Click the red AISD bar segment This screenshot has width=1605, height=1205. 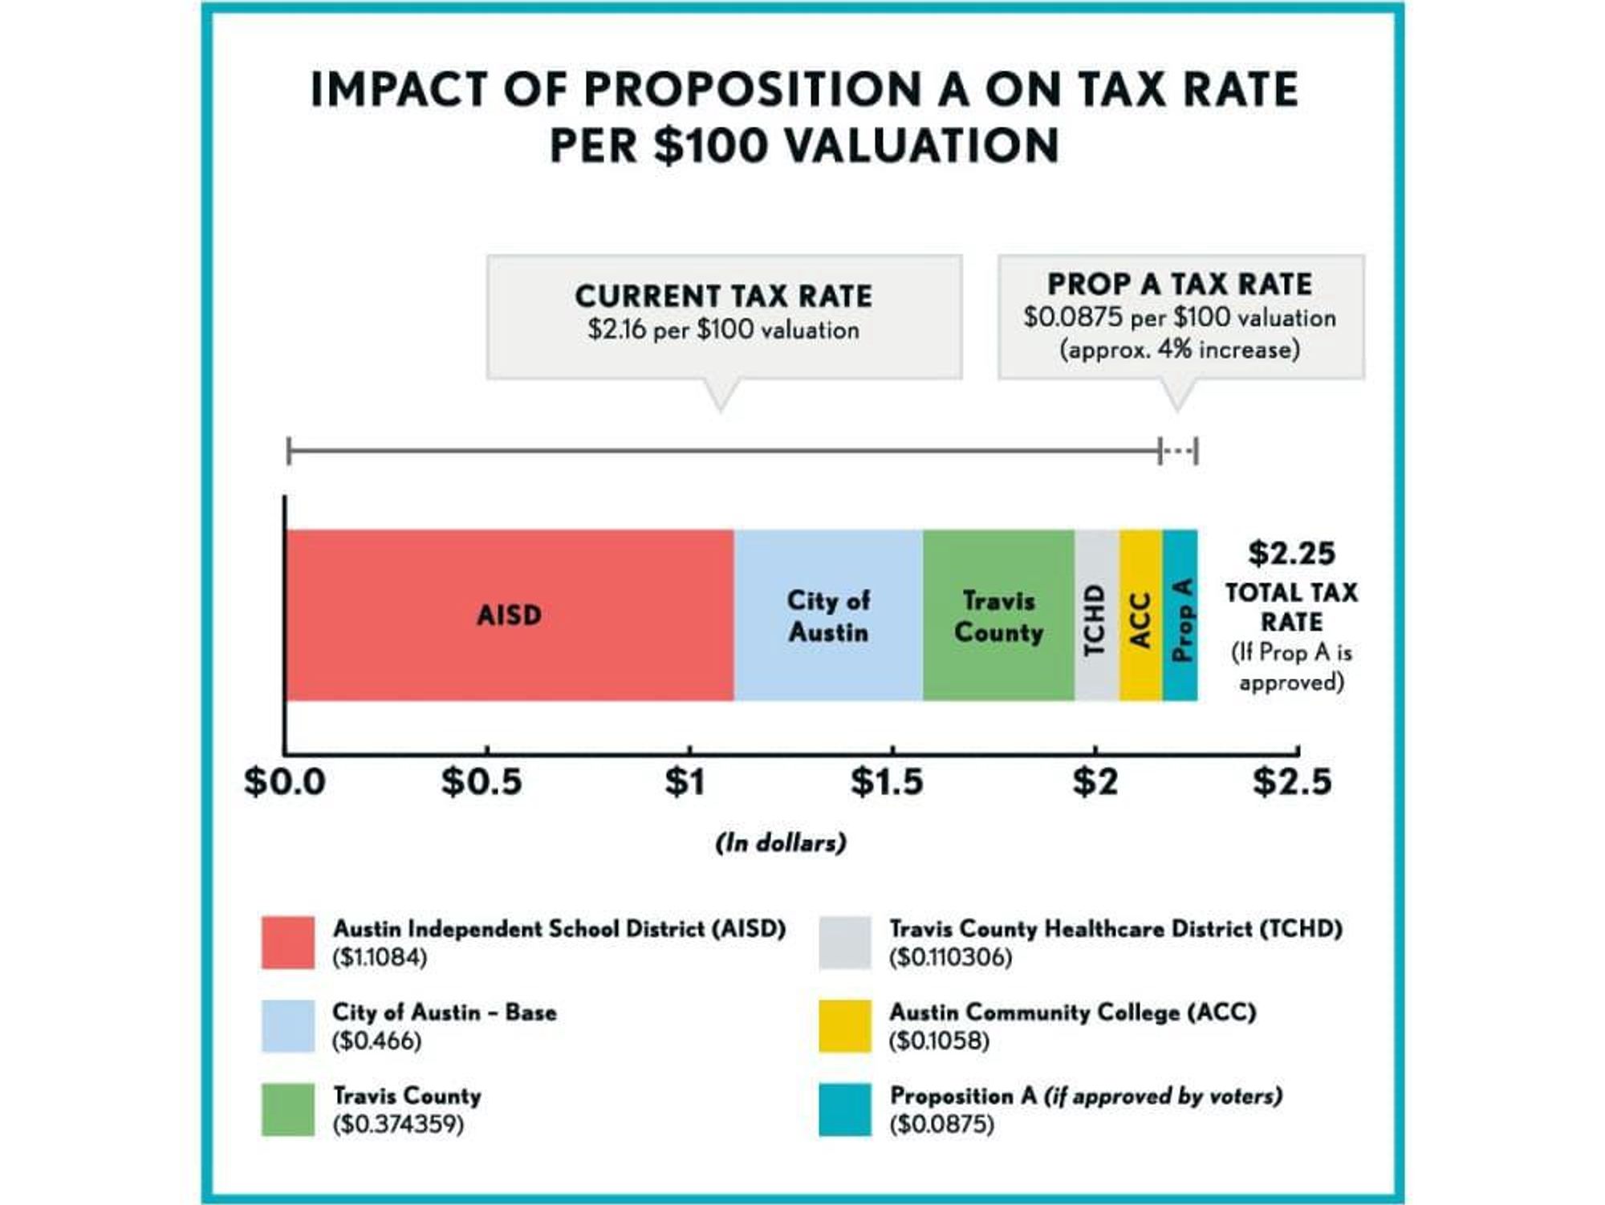coord(509,615)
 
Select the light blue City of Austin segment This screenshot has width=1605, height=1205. coord(827,615)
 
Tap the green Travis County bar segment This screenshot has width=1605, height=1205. coord(998,615)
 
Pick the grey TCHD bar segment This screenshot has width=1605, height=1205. coord(1096,615)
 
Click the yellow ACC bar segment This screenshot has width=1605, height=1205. coord(1140,615)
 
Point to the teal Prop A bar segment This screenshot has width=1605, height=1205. coord(1180,615)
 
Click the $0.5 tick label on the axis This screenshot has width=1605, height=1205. coord(481,781)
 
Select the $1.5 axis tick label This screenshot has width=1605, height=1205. coord(887,781)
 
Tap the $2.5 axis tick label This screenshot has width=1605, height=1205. coord(1292,781)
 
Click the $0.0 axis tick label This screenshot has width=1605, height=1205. coord(285,781)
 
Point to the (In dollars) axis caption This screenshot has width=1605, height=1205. coord(781,842)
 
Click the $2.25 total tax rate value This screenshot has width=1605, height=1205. coord(1291,554)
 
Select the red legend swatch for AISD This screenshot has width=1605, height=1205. coord(287,943)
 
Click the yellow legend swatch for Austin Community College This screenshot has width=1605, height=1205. coord(844,1025)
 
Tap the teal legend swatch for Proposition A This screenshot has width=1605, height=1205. coord(844,1110)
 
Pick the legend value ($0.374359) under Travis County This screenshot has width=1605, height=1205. coord(398,1124)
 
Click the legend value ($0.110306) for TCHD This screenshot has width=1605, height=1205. coord(950,957)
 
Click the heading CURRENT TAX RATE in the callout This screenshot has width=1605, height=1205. coord(723,296)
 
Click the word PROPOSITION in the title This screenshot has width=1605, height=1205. coord(752,89)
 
